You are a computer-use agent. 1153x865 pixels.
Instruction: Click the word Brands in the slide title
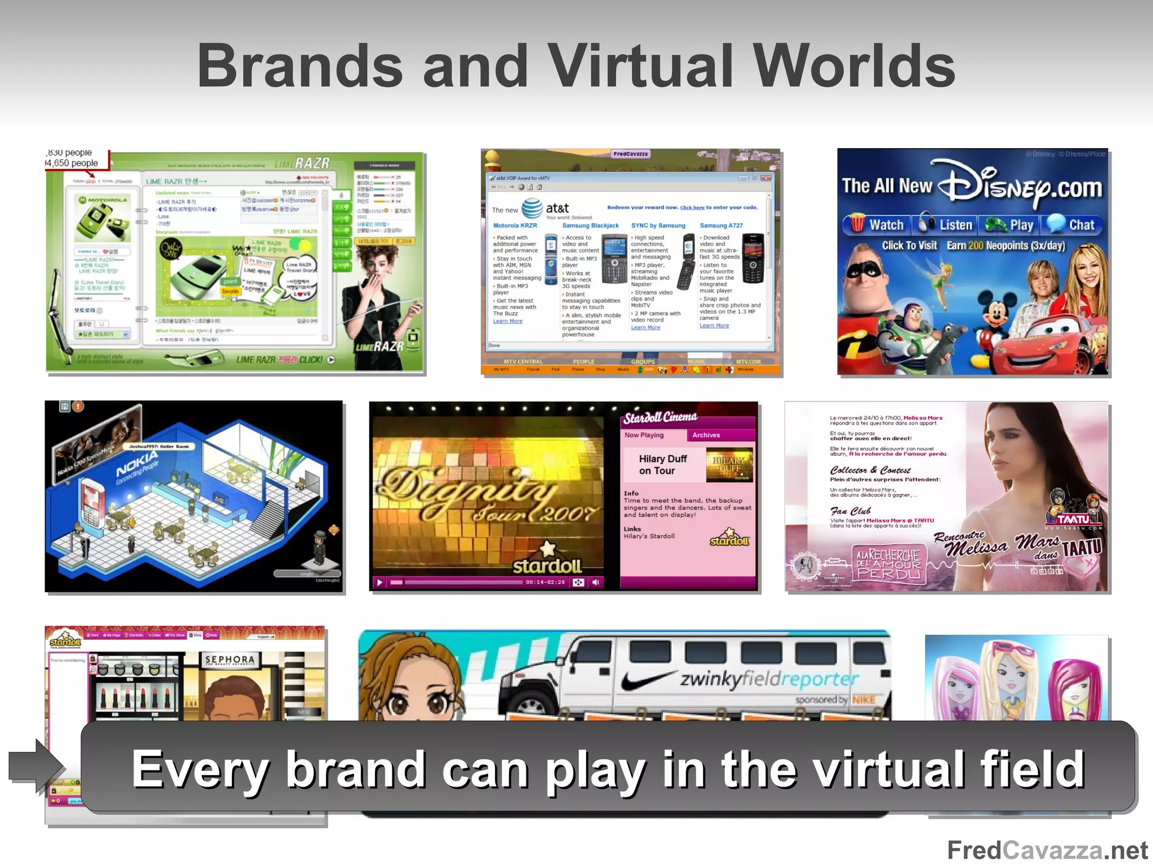pyautogui.click(x=300, y=66)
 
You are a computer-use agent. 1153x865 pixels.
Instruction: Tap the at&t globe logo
pyautogui.click(x=531, y=208)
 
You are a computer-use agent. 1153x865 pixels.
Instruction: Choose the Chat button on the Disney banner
pyautogui.click(x=1072, y=225)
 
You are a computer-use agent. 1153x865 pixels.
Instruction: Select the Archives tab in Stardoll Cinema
pyautogui.click(x=706, y=435)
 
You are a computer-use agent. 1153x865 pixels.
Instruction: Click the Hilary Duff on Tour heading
pyautogui.click(x=663, y=465)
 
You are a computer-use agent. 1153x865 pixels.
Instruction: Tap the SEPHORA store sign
pyautogui.click(x=229, y=659)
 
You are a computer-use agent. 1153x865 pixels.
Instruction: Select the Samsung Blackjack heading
pyautogui.click(x=590, y=226)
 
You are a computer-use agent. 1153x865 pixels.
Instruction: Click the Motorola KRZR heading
pyautogui.click(x=515, y=226)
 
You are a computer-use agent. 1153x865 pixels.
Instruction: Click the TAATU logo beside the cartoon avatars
pyautogui.click(x=1072, y=519)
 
